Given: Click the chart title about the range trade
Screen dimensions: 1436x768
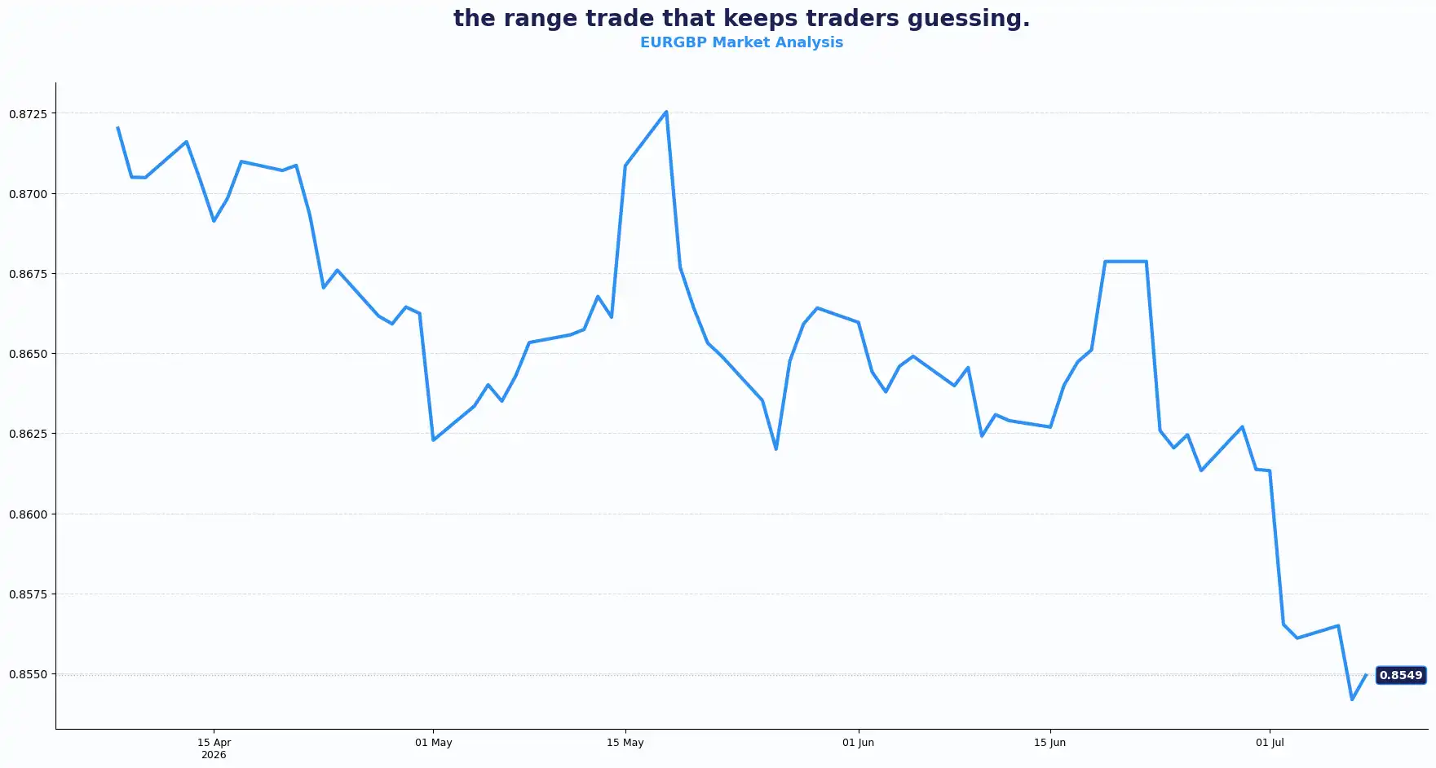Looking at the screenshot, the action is (x=741, y=18).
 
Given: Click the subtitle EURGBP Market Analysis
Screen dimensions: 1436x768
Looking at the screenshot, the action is (x=741, y=42).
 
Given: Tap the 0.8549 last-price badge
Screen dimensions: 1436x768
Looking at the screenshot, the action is (x=1401, y=675).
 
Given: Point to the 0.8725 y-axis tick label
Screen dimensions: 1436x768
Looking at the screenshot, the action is (x=28, y=113).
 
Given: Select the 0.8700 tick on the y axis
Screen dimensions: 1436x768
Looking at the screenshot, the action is (x=28, y=194).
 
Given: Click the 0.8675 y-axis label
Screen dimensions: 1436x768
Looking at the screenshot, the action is (x=28, y=274).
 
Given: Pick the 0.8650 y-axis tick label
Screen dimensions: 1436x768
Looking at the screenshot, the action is (x=28, y=354).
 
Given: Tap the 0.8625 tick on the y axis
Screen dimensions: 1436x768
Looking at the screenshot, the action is (x=28, y=434).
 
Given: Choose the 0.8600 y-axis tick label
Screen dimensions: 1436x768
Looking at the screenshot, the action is (x=28, y=514).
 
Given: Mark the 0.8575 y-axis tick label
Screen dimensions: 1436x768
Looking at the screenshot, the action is (x=28, y=594).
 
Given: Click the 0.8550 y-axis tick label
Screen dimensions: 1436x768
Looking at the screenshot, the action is (x=28, y=674).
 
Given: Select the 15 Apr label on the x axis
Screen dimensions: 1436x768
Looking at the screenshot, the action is (x=214, y=743).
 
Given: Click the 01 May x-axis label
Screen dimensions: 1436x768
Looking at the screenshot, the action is (x=433, y=743).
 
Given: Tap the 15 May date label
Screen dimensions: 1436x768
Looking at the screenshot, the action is (x=625, y=743).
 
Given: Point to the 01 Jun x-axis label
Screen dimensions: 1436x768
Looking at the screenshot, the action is (x=858, y=743).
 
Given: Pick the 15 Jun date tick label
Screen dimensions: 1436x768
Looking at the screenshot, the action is (x=1049, y=743).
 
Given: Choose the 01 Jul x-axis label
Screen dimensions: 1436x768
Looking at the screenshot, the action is (x=1270, y=743).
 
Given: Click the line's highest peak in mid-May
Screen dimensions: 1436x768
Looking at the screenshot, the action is (x=666, y=112).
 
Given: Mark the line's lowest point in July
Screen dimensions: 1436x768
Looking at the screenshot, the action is (x=1352, y=700).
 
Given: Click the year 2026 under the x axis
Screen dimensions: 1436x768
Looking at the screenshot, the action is (x=214, y=755).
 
